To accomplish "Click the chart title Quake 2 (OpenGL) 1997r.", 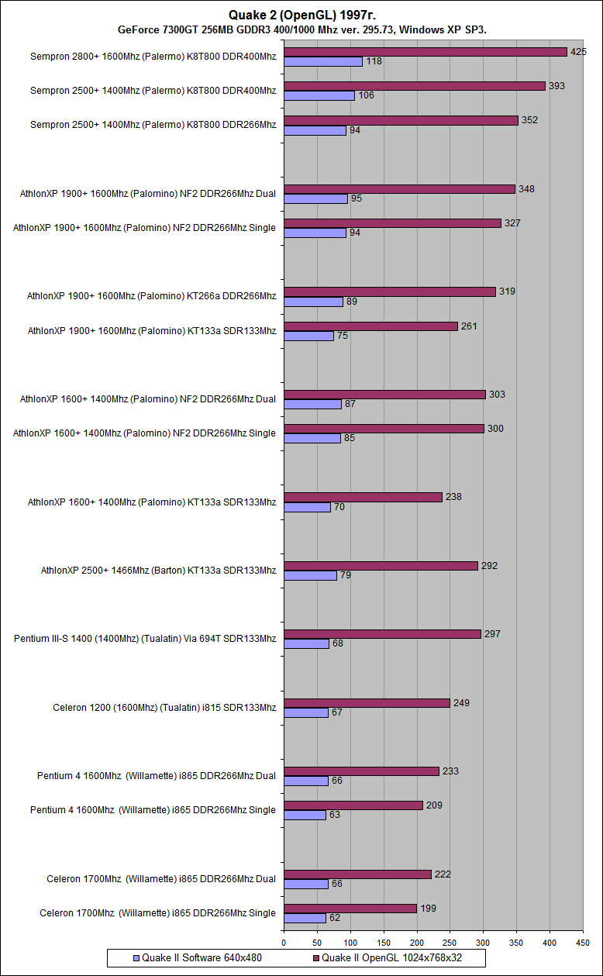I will (x=301, y=15).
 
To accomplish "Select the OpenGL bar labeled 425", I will (x=426, y=51).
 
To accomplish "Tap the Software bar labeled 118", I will (x=323, y=61).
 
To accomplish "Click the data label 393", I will (x=556, y=86).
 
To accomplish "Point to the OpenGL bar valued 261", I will (x=371, y=326).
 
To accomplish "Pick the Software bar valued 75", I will (x=308, y=336).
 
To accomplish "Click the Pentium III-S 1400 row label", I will (x=145, y=639).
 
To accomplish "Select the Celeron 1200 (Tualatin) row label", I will (x=164, y=707).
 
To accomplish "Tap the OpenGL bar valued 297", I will (x=383, y=633).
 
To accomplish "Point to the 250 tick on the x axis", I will (x=450, y=943).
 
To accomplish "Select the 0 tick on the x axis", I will (x=284, y=943).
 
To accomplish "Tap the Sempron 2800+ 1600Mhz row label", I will (x=153, y=57).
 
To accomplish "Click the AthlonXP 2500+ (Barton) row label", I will (x=158, y=571).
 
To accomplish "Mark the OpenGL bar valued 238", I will (x=364, y=497).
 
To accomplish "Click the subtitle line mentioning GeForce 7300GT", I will (x=302, y=29).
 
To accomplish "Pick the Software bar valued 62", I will (x=305, y=918).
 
